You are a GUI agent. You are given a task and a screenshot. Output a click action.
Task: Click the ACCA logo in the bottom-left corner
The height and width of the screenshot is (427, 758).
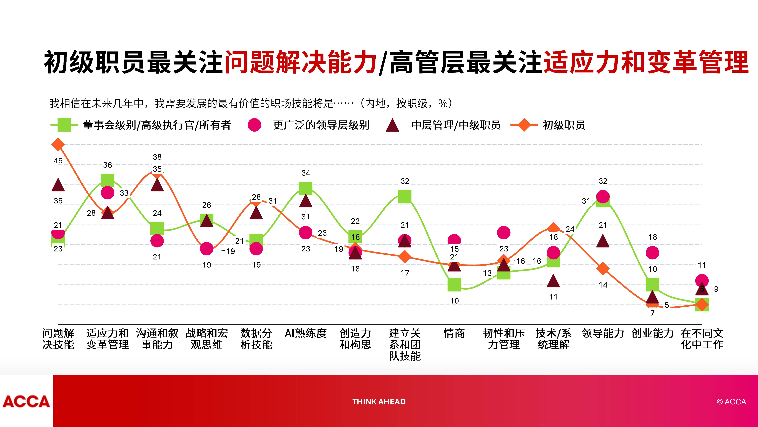pyautogui.click(x=26, y=401)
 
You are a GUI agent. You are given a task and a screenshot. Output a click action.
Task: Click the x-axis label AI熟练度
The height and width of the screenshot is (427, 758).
pyautogui.click(x=306, y=333)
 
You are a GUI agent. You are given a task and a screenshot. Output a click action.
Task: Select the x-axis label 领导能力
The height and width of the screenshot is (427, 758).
pyautogui.click(x=603, y=333)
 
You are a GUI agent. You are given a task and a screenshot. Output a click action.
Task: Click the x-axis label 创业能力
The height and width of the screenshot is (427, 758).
pyautogui.click(x=652, y=333)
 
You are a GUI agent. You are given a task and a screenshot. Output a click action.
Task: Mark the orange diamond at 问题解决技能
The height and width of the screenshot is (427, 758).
pyautogui.click(x=58, y=144)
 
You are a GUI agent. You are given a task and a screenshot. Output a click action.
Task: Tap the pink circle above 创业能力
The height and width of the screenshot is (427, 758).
pyautogui.click(x=652, y=253)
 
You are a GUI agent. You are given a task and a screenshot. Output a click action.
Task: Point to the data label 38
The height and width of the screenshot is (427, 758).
pyautogui.click(x=157, y=157)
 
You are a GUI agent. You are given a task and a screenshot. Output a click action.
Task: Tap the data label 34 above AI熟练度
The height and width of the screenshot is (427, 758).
pyautogui.click(x=306, y=173)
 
